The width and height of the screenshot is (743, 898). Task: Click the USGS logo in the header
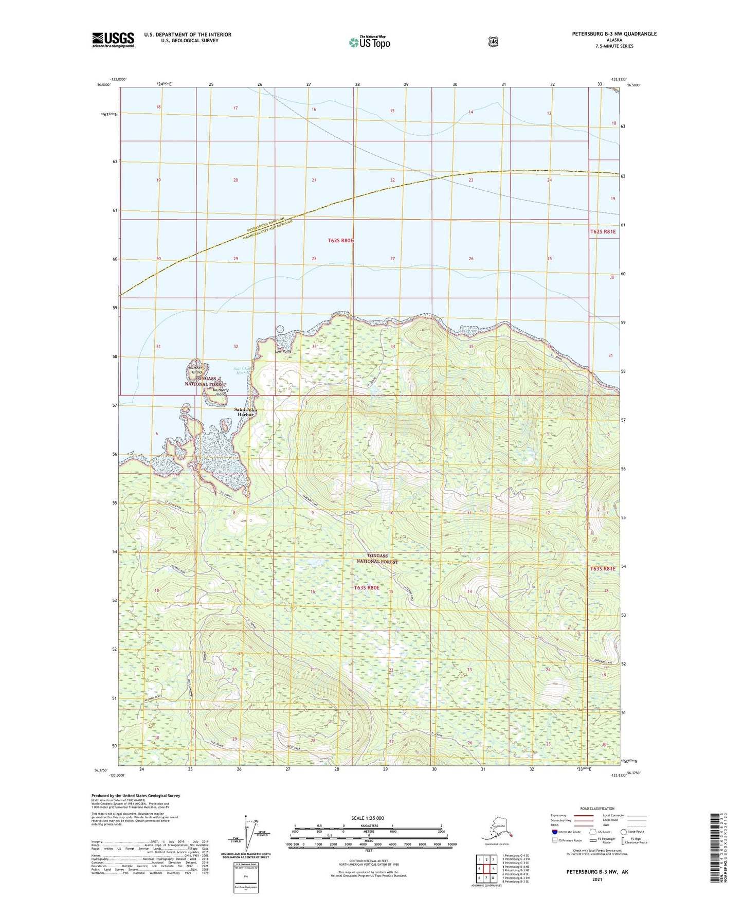click(113, 40)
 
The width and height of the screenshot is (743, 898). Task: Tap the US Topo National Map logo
click(369, 42)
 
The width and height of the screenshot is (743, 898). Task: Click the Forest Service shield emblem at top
click(493, 42)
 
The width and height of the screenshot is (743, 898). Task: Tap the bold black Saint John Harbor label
click(245, 412)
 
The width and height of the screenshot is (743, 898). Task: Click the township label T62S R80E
click(341, 240)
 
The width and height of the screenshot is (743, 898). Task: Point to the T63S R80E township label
click(367, 587)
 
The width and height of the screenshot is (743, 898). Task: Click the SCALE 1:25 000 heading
click(368, 818)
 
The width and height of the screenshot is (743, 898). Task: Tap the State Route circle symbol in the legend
click(624, 832)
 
